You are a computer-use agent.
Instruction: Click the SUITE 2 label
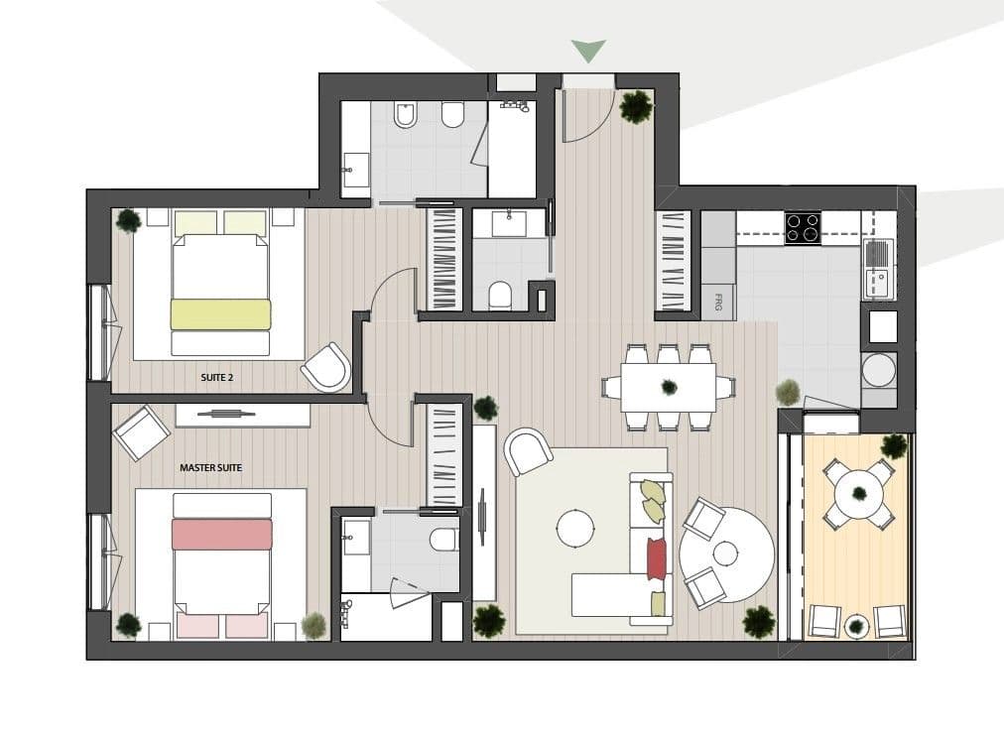coord(217,378)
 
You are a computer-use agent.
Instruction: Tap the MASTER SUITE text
coord(210,468)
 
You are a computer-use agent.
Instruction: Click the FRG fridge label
coord(717,304)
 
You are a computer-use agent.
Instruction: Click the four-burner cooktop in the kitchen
coord(803,227)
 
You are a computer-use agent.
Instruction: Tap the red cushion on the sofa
coord(657,557)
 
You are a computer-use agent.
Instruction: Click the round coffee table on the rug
coord(576,528)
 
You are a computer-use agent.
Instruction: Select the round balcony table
coord(858,492)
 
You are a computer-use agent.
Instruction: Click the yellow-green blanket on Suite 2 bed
coord(220,314)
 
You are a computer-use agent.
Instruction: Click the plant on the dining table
coord(669,387)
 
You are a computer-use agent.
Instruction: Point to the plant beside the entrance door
coord(637,106)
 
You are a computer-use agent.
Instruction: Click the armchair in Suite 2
coord(326,367)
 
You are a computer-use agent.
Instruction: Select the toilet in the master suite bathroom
coord(444,539)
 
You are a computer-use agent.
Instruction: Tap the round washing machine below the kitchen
coord(879,370)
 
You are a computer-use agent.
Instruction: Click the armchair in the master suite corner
coord(142,432)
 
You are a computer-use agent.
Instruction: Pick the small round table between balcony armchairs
coord(857,624)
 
